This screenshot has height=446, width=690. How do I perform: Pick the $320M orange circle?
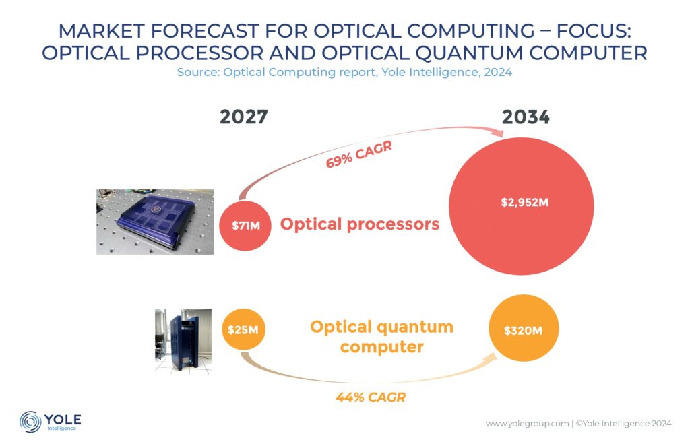[524, 330]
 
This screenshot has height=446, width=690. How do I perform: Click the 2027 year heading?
[243, 117]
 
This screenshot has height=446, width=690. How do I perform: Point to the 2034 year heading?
[526, 117]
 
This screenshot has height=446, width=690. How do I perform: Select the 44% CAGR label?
[371, 397]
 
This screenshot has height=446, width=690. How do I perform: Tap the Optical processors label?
[359, 224]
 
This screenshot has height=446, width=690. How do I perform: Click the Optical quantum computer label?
[381, 337]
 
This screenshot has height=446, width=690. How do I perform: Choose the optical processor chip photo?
[155, 222]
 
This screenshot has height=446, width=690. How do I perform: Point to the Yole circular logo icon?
[30, 422]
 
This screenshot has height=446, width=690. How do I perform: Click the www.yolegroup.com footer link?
[526, 424]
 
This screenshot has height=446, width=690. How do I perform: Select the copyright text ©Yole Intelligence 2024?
[623, 424]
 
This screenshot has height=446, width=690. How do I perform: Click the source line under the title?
[344, 72]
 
